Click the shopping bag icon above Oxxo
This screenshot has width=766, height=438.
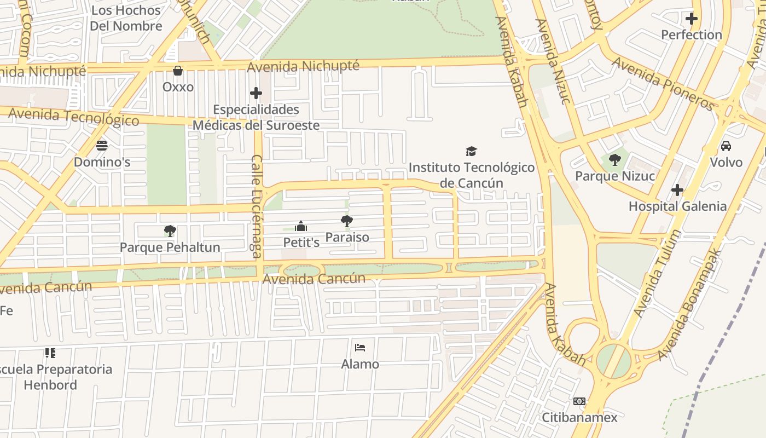pyautogui.click(x=178, y=71)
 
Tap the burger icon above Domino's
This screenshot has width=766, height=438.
pyautogui.click(x=102, y=145)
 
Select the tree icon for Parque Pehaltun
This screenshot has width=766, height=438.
pyautogui.click(x=170, y=230)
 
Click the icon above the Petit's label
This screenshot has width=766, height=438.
pyautogui.click(x=300, y=226)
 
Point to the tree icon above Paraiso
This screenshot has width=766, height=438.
pyautogui.click(x=346, y=221)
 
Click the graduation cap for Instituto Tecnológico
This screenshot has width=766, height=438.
pyautogui.click(x=471, y=151)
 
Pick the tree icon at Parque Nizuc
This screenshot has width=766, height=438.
pyautogui.click(x=615, y=160)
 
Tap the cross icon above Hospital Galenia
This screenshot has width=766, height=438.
pyautogui.click(x=677, y=190)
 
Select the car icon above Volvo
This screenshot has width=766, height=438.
pyautogui.click(x=726, y=146)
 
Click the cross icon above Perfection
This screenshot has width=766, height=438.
pyautogui.click(x=692, y=19)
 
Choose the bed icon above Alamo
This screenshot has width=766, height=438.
pyautogui.click(x=360, y=348)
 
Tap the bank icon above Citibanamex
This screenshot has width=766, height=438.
pyautogui.click(x=579, y=401)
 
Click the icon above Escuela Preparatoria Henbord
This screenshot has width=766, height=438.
pyautogui.click(x=50, y=353)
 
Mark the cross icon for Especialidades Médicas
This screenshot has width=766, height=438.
pyautogui.click(x=256, y=93)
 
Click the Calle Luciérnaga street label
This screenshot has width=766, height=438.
pyautogui.click(x=256, y=206)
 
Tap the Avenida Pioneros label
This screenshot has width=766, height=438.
pyautogui.click(x=663, y=83)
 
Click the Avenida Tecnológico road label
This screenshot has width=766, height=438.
pyautogui.click(x=74, y=116)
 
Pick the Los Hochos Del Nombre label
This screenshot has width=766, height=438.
pyautogui.click(x=126, y=18)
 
